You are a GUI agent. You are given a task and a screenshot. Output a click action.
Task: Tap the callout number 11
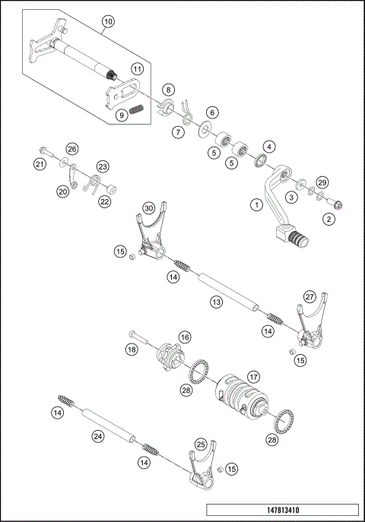point(137,68)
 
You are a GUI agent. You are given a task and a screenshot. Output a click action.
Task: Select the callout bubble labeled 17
point(253,375)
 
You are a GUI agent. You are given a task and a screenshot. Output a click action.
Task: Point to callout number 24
point(98,436)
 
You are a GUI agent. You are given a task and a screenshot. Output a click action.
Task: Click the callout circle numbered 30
point(149,207)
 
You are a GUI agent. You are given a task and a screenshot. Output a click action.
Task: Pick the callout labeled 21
point(39,163)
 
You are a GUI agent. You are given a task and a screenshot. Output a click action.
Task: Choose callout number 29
point(322,183)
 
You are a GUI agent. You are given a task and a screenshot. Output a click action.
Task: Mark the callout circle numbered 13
point(217,302)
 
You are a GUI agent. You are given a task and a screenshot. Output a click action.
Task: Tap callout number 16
point(184,336)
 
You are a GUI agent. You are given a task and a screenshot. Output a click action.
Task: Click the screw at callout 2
point(338,203)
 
